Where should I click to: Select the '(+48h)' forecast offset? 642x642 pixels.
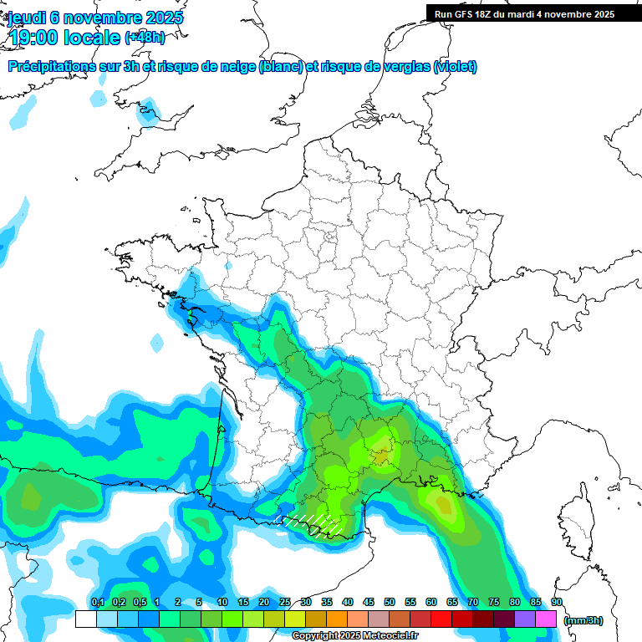[x=145, y=38]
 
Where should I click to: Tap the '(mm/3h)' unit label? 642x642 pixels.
[x=583, y=619]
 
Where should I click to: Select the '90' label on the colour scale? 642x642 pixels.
[x=557, y=602]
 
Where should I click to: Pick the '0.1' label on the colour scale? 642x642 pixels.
[x=97, y=602]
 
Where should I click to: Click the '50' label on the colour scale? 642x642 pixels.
[x=390, y=602]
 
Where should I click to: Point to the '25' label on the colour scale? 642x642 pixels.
[x=285, y=602]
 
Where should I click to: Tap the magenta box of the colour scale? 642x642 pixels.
[x=546, y=619]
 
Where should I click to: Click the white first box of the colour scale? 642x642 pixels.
[x=86, y=619]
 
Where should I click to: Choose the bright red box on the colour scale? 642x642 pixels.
[x=441, y=619]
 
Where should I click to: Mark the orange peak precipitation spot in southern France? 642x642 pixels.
[x=382, y=456]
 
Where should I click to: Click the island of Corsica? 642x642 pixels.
[x=578, y=514]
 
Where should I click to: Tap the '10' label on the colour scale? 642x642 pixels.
[x=222, y=602]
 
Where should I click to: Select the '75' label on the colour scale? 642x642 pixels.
[x=494, y=602]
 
